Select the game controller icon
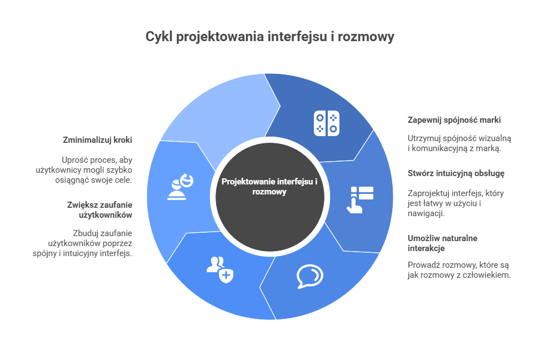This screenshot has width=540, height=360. click(326, 123)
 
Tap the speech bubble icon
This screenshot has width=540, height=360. click(309, 276)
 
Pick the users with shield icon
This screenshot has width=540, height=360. click(219, 269)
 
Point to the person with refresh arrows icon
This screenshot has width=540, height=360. click(180, 187)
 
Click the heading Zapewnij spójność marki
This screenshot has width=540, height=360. click(447, 119)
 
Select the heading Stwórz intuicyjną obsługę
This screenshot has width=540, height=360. click(448, 173)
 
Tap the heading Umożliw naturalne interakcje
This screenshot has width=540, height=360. click(442, 243)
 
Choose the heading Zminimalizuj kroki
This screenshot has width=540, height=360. click(97, 139)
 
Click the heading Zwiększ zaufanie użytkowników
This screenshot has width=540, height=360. click(99, 209)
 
